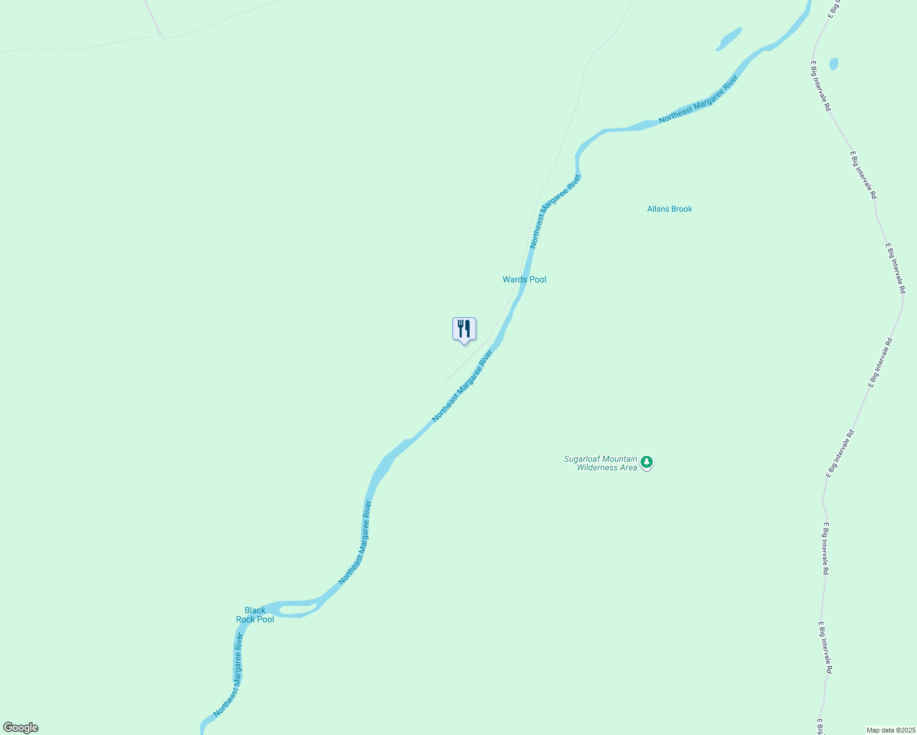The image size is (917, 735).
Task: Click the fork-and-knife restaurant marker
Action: click(x=464, y=329)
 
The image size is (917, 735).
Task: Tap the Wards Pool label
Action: click(x=524, y=279)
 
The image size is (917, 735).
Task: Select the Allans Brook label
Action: click(x=669, y=209)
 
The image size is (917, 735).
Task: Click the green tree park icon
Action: click(x=647, y=463)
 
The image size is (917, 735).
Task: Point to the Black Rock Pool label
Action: click(x=255, y=614)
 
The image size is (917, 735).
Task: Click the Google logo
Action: click(x=20, y=728)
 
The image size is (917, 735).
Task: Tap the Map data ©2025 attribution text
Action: click(x=891, y=730)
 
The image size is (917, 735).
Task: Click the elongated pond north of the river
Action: click(x=729, y=39)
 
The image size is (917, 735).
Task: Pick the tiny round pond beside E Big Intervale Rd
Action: click(x=833, y=64)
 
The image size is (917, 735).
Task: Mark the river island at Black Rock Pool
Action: click(x=298, y=609)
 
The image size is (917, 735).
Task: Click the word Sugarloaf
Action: click(x=582, y=459)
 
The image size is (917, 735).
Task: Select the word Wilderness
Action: click(x=598, y=468)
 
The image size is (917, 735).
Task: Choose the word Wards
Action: click(x=514, y=279)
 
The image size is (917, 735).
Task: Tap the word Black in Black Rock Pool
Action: click(x=255, y=610)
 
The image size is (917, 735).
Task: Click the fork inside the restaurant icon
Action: click(x=460, y=328)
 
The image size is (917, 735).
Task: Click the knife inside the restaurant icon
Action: click(x=468, y=328)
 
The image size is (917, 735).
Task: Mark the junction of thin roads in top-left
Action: click(x=164, y=37)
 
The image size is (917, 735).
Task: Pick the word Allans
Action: click(x=658, y=209)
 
